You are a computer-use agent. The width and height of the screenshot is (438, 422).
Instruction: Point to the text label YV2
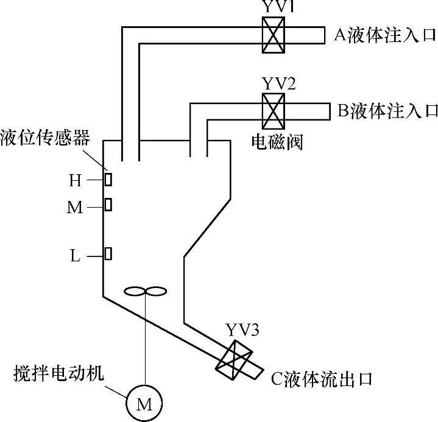coord(278,83)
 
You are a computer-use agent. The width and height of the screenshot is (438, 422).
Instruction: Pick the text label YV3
coord(242,331)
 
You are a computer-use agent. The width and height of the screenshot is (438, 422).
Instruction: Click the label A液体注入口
coord(386,35)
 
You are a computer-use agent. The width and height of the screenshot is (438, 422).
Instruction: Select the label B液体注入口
coord(387,111)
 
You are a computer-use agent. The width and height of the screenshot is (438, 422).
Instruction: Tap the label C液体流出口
coord(322,379)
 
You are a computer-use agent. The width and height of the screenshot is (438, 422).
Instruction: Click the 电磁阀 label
coord(277,142)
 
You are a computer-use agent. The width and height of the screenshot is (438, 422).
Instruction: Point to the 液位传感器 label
coord(45,136)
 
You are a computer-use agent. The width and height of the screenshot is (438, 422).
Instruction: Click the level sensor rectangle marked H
coord(108,180)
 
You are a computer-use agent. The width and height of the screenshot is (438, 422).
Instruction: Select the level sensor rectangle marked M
coord(108,205)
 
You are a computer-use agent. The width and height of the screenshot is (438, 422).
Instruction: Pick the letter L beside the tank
coord(75,256)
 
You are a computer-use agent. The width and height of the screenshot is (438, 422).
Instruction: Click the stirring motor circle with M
coord(144,402)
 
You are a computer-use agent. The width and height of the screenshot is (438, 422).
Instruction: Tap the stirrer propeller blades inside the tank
coord(145,292)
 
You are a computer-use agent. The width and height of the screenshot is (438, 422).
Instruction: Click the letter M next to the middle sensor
coord(74,208)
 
